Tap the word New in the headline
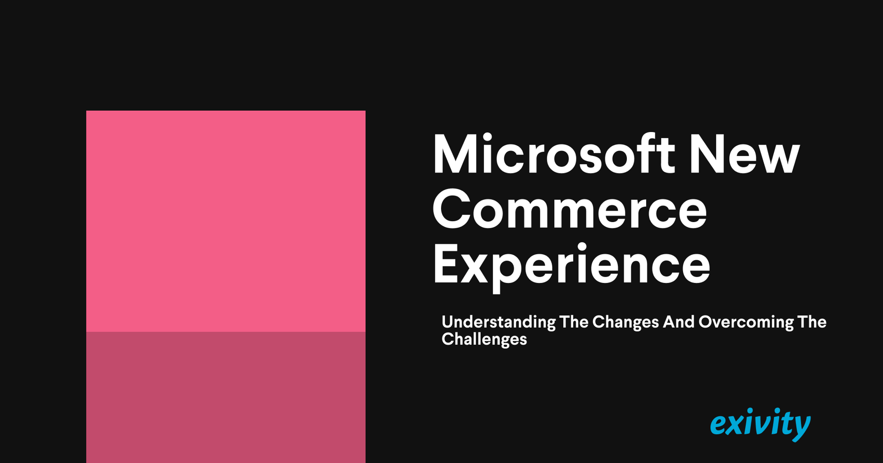pos(744,155)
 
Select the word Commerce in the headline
pos(569,209)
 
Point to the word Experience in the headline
pos(571,265)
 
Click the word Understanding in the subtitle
pos(499,323)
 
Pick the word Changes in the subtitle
pos(625,323)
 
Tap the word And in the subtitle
pos(679,322)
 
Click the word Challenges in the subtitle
pos(484,339)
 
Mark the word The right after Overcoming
pos(812,322)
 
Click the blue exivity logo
pos(760,424)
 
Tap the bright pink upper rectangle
pos(226,221)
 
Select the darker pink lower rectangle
pos(226,397)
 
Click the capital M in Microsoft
pos(455,155)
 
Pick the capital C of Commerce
pos(452,209)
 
